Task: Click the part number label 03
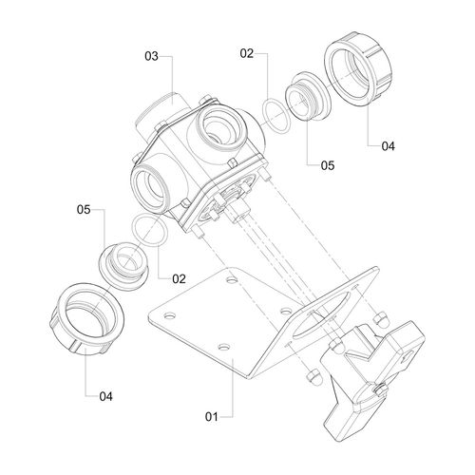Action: (x=151, y=56)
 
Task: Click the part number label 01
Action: (x=212, y=417)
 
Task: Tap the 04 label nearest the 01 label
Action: (x=105, y=396)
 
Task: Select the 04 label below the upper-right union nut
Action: (x=389, y=146)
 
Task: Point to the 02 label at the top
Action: (x=247, y=53)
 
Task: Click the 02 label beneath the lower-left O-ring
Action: (x=179, y=278)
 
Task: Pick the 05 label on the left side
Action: (x=84, y=209)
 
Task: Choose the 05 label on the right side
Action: (x=328, y=165)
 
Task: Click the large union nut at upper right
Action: (x=358, y=68)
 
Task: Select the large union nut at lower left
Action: (x=86, y=320)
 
